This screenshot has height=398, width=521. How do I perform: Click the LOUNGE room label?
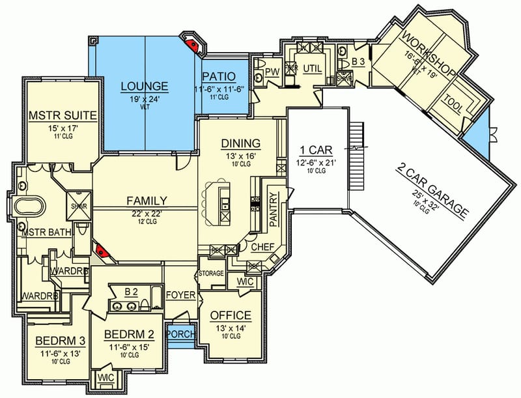click(145, 86)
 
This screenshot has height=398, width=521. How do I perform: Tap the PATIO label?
click(223, 77)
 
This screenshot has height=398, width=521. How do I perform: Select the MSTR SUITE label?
click(63, 116)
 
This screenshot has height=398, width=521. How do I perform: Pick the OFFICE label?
click(231, 315)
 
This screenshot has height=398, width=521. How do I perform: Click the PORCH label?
click(180, 333)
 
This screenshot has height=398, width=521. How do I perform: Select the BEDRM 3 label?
click(56, 341)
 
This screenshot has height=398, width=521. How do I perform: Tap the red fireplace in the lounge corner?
click(192, 44)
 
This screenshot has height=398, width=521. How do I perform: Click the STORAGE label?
click(211, 273)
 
